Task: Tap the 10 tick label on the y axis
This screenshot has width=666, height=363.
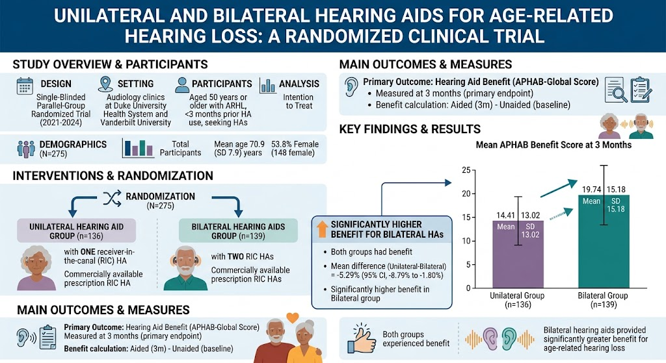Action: [x=466, y=242]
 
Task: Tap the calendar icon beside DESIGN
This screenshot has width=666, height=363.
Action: [x=25, y=86]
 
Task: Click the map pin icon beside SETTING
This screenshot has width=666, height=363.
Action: [x=105, y=84]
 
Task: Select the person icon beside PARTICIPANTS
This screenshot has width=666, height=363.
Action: [x=182, y=85]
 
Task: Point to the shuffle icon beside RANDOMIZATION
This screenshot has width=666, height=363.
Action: [x=112, y=198]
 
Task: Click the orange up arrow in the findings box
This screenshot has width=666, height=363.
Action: [x=323, y=229]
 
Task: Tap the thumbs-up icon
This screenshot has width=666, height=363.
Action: [x=362, y=338]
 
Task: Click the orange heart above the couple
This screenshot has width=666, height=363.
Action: [x=292, y=317]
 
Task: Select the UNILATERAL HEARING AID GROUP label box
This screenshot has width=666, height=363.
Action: [x=77, y=231]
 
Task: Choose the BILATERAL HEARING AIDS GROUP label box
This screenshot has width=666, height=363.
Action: [x=238, y=231]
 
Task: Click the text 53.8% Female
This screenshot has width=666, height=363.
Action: [x=295, y=144]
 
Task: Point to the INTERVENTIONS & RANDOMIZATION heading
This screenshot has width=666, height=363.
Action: [x=113, y=176]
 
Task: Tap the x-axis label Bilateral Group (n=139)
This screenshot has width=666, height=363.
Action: [x=603, y=300]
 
